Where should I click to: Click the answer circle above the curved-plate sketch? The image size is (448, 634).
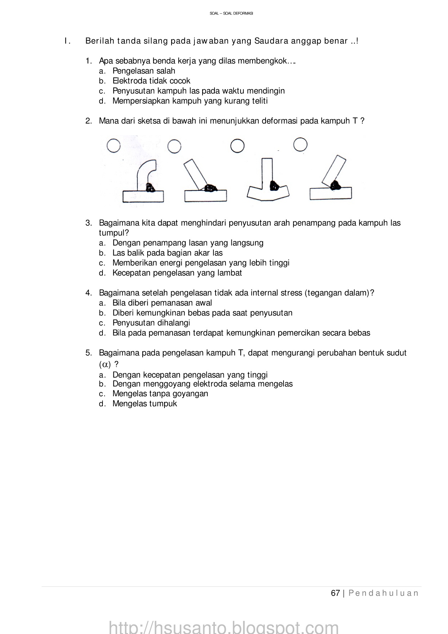[x=113, y=145]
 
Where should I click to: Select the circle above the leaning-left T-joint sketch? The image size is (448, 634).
[x=174, y=146]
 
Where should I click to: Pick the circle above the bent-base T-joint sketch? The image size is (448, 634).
[x=237, y=146]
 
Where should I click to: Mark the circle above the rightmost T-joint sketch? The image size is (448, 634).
[x=300, y=144]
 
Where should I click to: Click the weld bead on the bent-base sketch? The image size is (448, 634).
[x=274, y=185]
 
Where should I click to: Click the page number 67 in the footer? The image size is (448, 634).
[x=335, y=593]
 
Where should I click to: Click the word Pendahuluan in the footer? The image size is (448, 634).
[x=384, y=593]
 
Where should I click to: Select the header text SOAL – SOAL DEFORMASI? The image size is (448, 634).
[x=231, y=13]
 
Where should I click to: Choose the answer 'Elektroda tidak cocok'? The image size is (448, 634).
[x=151, y=81]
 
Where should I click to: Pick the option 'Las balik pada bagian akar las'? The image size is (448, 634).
[x=167, y=253]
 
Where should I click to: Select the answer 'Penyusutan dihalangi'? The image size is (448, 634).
[x=151, y=323]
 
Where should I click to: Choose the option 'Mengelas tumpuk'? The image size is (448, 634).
[x=144, y=404]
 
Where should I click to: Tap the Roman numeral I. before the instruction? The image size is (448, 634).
[x=67, y=41]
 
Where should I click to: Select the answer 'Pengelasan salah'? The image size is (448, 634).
[x=144, y=71]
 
